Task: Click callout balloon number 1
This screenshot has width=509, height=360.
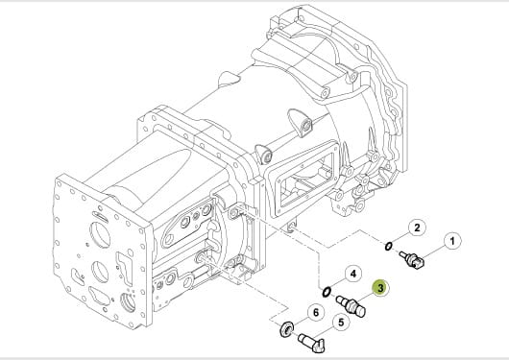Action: click(452, 241)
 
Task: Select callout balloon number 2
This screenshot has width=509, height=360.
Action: click(417, 228)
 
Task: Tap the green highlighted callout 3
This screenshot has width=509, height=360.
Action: click(380, 288)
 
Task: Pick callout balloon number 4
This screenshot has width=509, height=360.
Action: click(353, 274)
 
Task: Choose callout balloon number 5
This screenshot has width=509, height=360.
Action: click(341, 323)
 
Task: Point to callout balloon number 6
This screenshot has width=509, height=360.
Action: click(316, 313)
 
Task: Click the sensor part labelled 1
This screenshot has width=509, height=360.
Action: click(411, 259)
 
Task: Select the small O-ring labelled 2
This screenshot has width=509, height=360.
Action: click(388, 247)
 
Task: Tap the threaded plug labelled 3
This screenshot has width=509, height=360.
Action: click(351, 305)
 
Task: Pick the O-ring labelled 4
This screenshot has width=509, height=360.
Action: click(327, 292)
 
